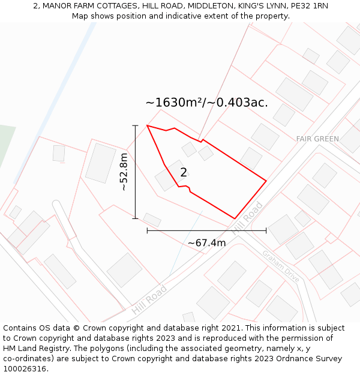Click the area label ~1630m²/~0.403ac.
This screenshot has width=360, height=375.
206,103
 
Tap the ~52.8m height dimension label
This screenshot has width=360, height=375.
124,172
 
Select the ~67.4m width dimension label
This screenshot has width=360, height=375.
206,243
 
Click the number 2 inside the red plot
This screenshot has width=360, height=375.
184,173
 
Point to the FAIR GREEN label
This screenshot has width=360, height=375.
317,139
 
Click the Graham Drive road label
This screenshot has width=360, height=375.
280,266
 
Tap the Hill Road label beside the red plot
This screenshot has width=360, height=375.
247,218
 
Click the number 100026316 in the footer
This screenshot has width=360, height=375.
25,369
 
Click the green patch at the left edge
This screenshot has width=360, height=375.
6,144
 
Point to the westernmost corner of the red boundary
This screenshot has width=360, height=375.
147,125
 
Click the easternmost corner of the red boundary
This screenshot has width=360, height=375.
266,180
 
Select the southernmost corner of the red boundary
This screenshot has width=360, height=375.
235,218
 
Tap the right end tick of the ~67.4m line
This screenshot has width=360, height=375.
266,230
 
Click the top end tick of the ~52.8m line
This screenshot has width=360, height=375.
136,125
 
